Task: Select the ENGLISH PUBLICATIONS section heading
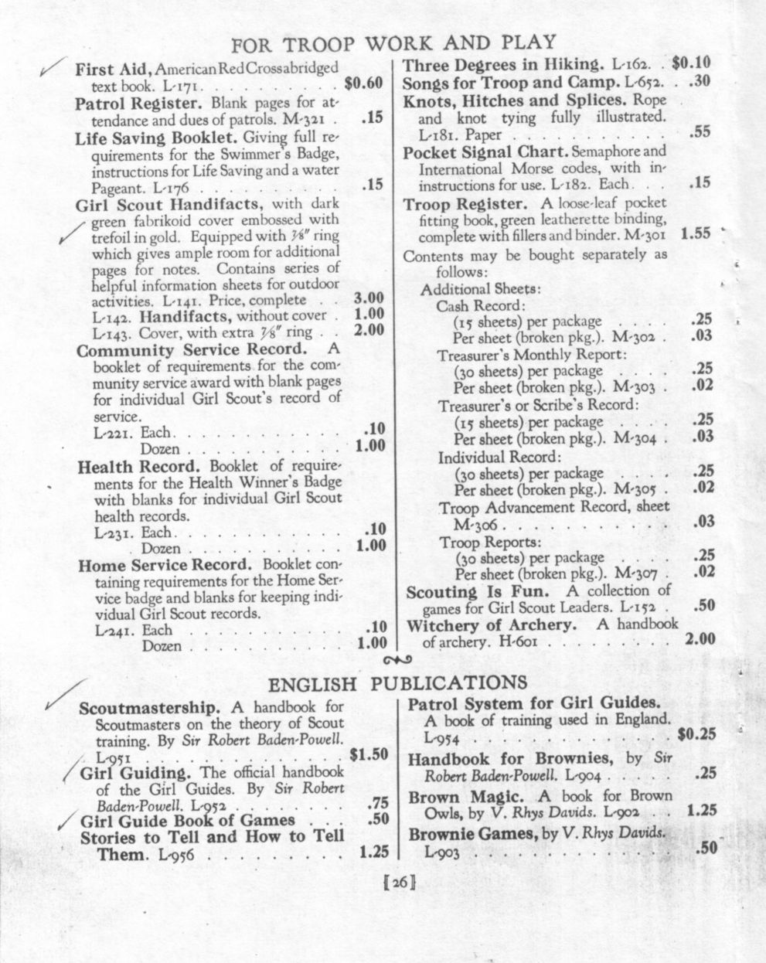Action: click(x=397, y=683)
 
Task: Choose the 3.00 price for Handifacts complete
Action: click(x=369, y=298)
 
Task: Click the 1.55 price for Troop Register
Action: click(x=696, y=233)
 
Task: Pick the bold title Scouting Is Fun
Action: click(x=475, y=591)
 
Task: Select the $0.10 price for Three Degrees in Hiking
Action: click(x=692, y=63)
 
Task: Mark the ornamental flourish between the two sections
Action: click(x=398, y=659)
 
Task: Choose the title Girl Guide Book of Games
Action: click(x=188, y=820)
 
